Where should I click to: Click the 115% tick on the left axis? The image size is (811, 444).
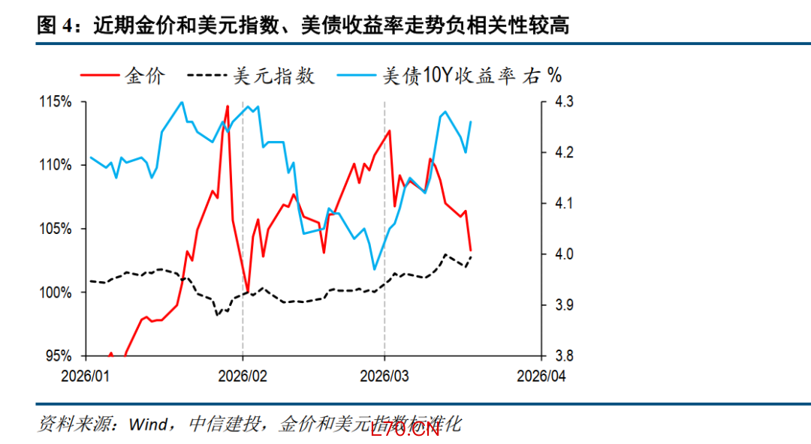click(x=57, y=101)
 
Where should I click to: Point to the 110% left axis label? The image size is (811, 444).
click(x=57, y=165)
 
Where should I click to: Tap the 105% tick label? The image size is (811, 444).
click(x=57, y=229)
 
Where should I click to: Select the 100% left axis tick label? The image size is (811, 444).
click(x=57, y=292)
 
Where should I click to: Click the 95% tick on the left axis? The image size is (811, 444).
click(x=60, y=356)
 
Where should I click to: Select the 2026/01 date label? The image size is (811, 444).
click(x=85, y=374)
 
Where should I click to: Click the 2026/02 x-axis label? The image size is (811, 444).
click(x=243, y=374)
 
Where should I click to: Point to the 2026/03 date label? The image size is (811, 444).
click(x=384, y=374)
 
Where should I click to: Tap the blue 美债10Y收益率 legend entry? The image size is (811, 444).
click(x=451, y=76)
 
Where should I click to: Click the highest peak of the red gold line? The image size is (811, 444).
click(x=228, y=106)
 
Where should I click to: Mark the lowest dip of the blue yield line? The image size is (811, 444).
click(x=373, y=268)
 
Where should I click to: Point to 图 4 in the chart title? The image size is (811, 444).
click(x=57, y=26)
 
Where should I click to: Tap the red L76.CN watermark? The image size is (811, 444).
click(x=405, y=429)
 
